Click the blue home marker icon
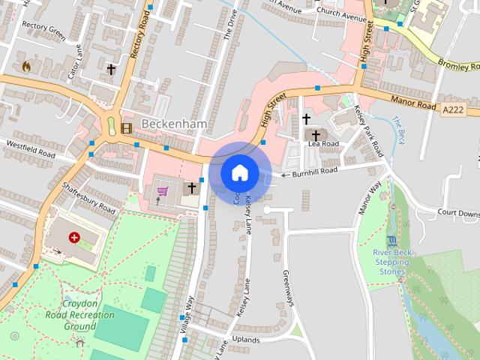240,172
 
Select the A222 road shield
452,109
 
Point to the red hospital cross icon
74,238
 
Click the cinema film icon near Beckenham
126,127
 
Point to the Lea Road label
324,144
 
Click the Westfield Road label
31,148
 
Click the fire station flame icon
27,66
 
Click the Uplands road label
246,340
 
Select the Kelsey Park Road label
370,130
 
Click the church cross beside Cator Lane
111,70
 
